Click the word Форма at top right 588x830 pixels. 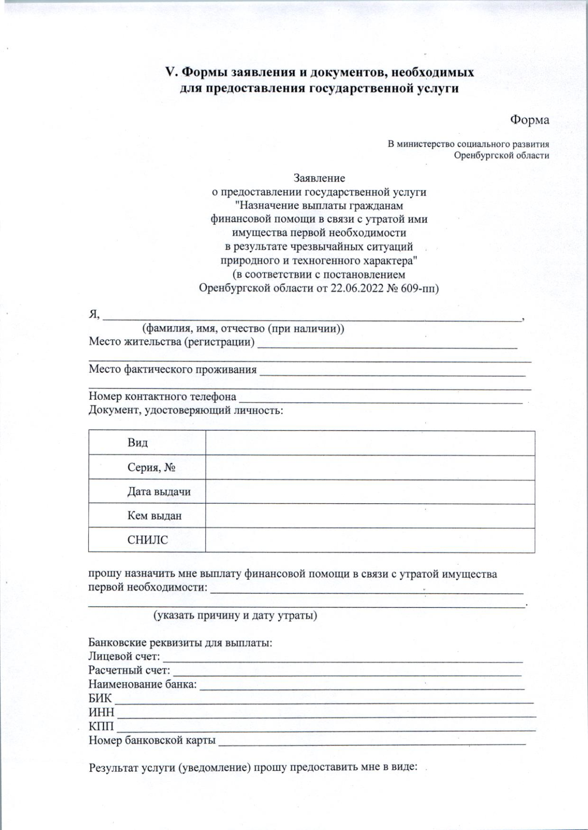(x=529, y=120)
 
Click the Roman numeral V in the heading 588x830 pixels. (x=171, y=72)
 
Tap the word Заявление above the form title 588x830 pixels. (x=319, y=178)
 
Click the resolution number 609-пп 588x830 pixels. (x=419, y=288)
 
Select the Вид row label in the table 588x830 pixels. (x=138, y=443)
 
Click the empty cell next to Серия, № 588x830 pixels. (x=370, y=468)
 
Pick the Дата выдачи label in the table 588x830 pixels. (x=159, y=492)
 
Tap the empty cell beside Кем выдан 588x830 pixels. (x=370, y=516)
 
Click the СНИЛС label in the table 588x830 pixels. (x=147, y=540)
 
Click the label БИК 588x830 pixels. (x=100, y=698)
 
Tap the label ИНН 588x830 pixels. (x=101, y=712)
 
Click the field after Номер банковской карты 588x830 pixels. (x=371, y=741)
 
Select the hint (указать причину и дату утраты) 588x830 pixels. (x=235, y=616)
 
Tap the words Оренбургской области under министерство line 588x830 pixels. (x=501, y=156)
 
